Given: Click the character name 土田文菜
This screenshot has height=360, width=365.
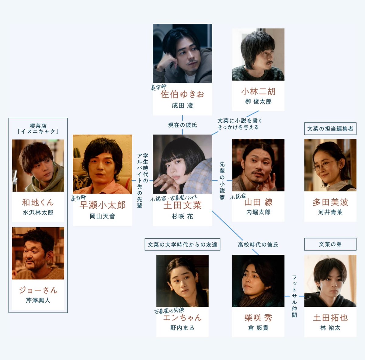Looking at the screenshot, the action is pos(182,205).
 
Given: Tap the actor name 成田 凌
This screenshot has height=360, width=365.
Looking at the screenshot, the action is pos(182,106).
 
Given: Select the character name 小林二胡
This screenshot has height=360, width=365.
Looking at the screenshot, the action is pos(258,91).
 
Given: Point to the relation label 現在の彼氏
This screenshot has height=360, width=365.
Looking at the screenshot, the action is pos(182,125).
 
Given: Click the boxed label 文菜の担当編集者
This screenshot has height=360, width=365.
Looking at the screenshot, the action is pos(330,129).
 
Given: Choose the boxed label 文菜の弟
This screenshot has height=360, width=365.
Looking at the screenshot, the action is pos(330,244).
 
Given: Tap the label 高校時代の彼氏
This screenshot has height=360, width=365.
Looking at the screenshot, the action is pos(258,244).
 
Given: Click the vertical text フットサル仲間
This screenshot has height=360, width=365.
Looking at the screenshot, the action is pos(294,296).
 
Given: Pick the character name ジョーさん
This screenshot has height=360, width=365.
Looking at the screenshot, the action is pos(38,290).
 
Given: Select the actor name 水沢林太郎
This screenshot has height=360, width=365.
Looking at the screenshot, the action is pos(38,212).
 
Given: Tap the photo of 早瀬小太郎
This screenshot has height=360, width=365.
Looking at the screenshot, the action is pos(103,164).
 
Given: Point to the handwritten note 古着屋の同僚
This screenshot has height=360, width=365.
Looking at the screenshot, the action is pos(169,311).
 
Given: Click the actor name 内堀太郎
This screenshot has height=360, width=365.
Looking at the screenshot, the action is pos(258,212).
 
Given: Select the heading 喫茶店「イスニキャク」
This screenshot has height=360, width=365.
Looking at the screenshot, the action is pos(38,129).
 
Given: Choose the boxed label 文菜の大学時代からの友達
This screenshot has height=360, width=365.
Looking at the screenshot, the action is pos(182,244).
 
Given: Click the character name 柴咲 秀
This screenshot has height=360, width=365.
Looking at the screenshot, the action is pos(258,318).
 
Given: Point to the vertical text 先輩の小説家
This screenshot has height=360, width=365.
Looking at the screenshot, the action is pos(222,180).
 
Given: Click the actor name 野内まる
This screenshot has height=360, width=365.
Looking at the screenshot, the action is pos(182,328).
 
